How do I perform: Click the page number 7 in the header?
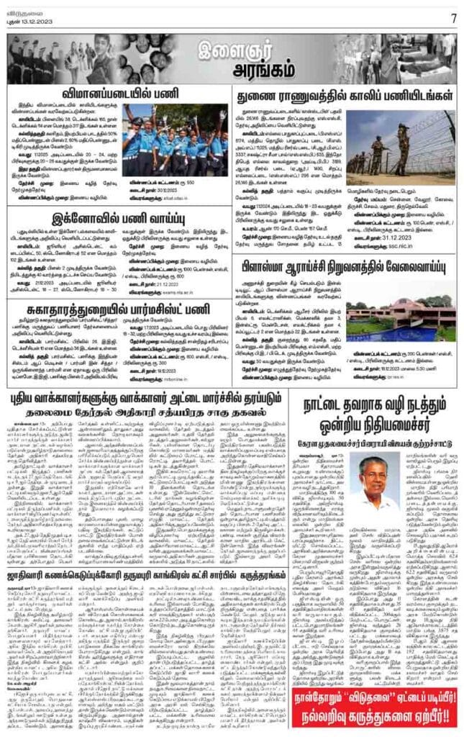point(453,17)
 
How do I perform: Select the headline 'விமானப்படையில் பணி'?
point(117,94)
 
